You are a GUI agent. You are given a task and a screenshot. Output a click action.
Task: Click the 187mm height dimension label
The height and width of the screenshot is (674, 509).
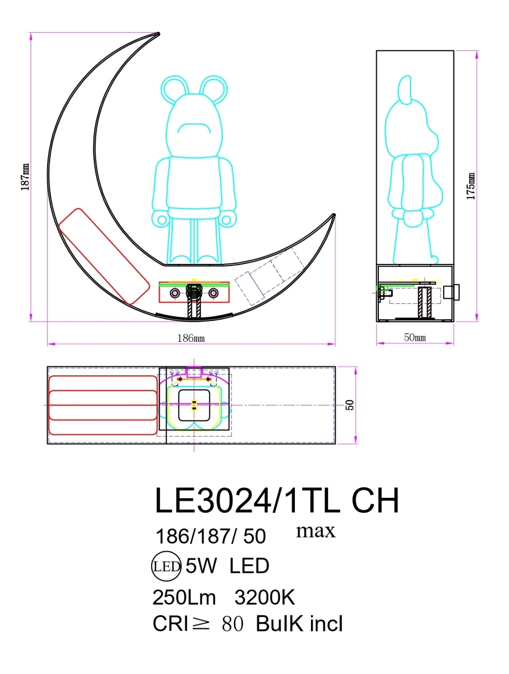coord(25,177)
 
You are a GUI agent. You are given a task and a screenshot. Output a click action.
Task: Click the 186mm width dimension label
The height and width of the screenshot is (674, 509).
coord(191,338)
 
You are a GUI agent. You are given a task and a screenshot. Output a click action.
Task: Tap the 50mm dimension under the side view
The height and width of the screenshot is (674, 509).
coord(415,338)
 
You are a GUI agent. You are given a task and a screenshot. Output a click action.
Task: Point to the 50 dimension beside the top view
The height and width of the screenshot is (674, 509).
coord(350,405)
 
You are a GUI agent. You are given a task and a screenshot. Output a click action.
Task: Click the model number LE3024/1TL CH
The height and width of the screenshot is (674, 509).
coord(277,501)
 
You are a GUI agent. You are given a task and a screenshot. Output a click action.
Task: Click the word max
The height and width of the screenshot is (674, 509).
coord(316,530)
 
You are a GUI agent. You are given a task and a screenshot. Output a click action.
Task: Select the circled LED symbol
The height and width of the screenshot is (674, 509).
coord(166,566)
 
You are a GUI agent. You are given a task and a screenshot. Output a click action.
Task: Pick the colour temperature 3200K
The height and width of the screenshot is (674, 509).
coord(264,598)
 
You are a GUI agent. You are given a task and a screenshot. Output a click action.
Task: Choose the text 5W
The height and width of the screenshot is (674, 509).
coord(201,566)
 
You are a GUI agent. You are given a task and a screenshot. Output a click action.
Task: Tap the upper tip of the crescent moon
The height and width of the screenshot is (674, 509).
coord(157,34)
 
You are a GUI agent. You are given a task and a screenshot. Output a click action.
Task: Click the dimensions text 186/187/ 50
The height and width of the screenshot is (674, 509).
coord(210,536)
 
